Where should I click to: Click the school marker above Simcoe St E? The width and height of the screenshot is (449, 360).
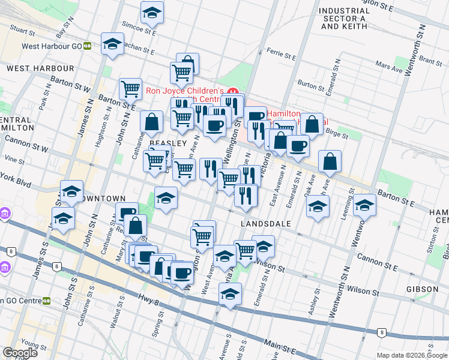pos(152,12)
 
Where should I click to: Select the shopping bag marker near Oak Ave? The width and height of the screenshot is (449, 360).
pos(330,160)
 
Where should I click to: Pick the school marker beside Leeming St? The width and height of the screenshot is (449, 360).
pos(364,205)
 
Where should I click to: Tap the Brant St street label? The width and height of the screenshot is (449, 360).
pos(430,60)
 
